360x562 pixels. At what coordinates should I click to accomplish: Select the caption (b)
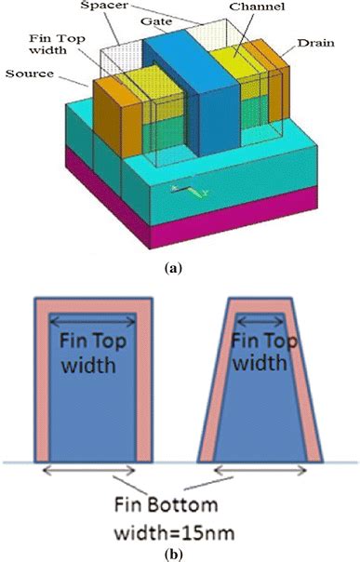coord(179,550)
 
